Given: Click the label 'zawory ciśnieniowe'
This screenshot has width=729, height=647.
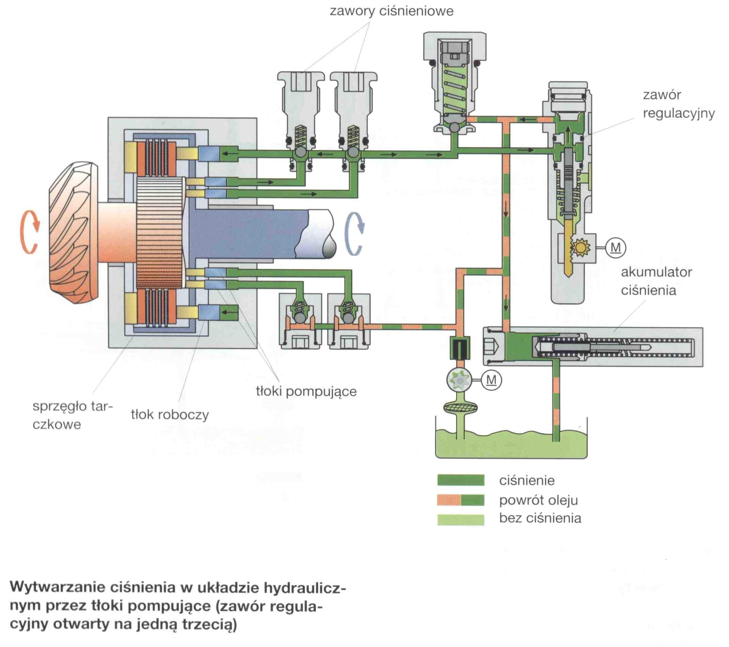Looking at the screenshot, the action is tap(392, 11).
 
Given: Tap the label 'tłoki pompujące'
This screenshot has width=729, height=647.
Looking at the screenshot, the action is tap(306, 391).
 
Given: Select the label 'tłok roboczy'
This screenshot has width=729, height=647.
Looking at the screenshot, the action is tap(170, 414).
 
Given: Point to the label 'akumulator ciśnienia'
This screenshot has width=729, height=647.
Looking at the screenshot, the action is tap(656, 281).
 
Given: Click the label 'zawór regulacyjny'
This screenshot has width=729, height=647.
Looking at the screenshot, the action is tap(679, 104).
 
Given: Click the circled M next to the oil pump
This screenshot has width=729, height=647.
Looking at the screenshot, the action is tap(492, 380).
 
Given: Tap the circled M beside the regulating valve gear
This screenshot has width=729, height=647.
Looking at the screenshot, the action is tap(616, 248).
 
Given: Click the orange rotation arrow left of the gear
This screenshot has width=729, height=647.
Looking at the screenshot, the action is tap(30, 232).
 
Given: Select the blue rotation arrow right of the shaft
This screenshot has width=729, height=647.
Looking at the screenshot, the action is tap(355, 234).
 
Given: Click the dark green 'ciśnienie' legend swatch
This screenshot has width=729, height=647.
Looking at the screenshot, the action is tap(461, 480).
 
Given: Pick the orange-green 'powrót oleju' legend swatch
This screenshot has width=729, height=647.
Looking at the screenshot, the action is tap(461, 500).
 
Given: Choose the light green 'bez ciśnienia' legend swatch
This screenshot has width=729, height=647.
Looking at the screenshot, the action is tap(461, 519).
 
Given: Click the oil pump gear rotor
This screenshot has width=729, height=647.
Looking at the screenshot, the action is tap(459, 380).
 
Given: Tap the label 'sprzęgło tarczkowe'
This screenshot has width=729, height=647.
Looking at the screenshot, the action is tap(73, 415).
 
